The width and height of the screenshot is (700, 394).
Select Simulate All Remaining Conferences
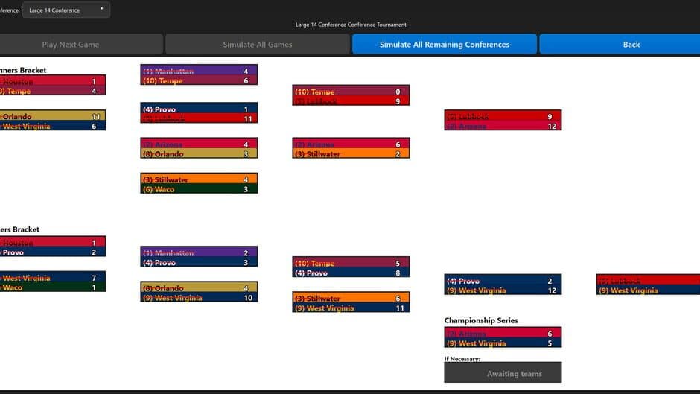(x=445, y=44)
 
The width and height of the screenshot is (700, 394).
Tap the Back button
(x=631, y=44)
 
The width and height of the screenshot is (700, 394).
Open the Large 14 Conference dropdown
(x=66, y=10)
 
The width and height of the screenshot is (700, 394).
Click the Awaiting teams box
(x=503, y=373)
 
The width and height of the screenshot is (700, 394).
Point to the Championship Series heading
(x=481, y=320)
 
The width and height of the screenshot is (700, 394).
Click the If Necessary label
(x=462, y=358)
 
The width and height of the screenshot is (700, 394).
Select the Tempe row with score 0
(x=351, y=91)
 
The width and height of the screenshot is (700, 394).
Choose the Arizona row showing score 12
(x=503, y=126)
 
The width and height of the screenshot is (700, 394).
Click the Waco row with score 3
(x=199, y=189)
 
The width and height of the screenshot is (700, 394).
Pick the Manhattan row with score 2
(x=199, y=252)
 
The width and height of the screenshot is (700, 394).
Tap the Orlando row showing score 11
(x=53, y=116)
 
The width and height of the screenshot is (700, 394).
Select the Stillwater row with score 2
(x=351, y=154)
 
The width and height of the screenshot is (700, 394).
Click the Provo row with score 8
(x=351, y=273)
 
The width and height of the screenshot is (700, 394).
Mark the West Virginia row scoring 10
(x=199, y=298)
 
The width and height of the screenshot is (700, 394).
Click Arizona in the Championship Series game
(x=503, y=334)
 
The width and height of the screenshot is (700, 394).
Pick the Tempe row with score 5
(x=351, y=263)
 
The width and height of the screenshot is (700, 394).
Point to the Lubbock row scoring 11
(x=199, y=118)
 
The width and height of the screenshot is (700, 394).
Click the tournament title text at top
(x=351, y=25)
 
